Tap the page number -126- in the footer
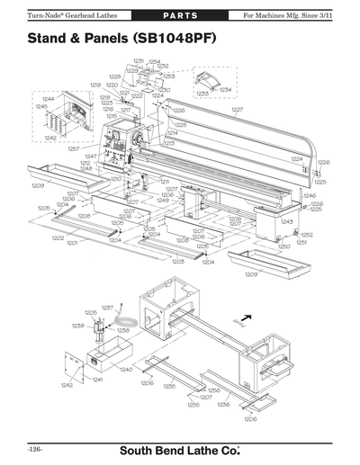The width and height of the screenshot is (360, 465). pos(35,447)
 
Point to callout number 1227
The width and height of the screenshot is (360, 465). pos(238,110)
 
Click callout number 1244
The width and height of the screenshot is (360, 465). pos(47,98)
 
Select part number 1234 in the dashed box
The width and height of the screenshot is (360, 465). pos(225,90)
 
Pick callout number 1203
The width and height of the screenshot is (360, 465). pos(177,261)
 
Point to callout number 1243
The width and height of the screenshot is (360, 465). pos(287,221)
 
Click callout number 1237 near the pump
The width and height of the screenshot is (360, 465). pos(107,307)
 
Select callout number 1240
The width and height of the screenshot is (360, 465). pos(126,369)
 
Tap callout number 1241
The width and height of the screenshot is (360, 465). pos(96,379)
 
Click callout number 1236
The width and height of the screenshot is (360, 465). pos(222,405)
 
